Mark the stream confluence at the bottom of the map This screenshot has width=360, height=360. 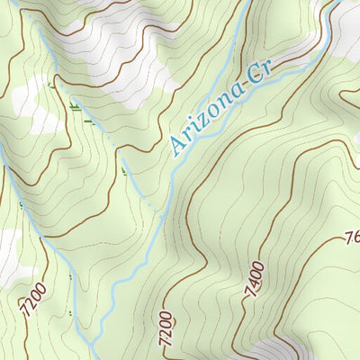point(93,343)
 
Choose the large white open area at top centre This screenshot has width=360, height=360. point(126,45)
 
